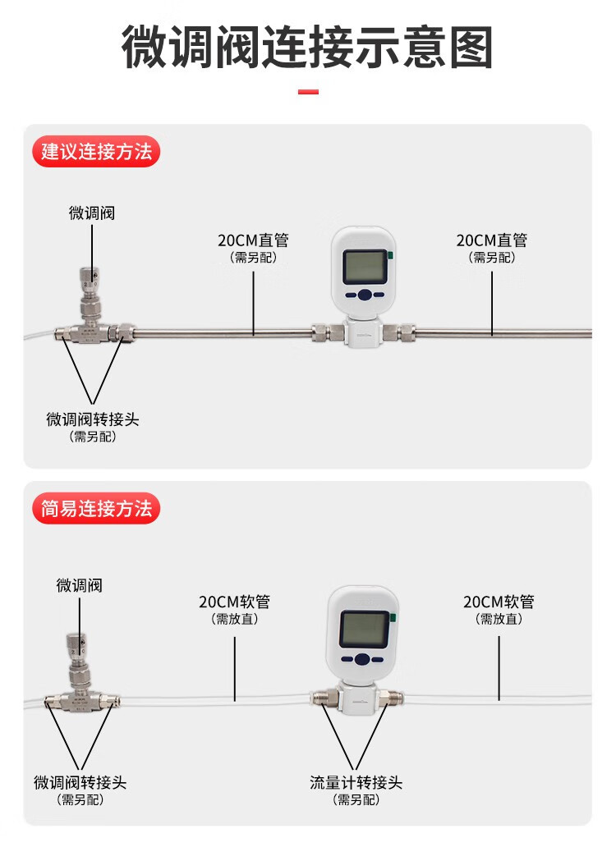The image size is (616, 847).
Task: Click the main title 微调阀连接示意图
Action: [x=307, y=47]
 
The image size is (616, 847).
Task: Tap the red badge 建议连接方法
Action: [x=96, y=152]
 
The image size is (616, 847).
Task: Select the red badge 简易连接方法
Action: [x=96, y=509]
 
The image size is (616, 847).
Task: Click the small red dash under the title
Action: [x=308, y=92]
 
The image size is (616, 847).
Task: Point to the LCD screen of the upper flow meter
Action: [x=365, y=266]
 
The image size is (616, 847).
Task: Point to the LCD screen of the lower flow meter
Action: [x=364, y=629]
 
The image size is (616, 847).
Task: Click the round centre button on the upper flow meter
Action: [x=365, y=295]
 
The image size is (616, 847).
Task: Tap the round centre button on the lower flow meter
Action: [x=362, y=659]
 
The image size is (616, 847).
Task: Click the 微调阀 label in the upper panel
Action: [x=92, y=213]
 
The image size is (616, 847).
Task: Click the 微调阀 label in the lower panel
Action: [x=80, y=585]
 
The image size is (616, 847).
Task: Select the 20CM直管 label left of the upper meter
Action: [x=254, y=240]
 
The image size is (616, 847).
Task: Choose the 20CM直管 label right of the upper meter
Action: [x=492, y=240]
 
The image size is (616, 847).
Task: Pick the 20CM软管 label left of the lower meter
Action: [x=235, y=602]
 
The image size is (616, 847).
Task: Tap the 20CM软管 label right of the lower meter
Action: [x=499, y=602]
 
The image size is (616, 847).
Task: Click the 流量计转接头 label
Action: [x=356, y=782]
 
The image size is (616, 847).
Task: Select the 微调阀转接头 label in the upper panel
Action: [x=92, y=419]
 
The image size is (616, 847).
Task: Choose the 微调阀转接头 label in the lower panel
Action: [x=80, y=782]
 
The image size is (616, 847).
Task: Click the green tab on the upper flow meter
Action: [x=391, y=255]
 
